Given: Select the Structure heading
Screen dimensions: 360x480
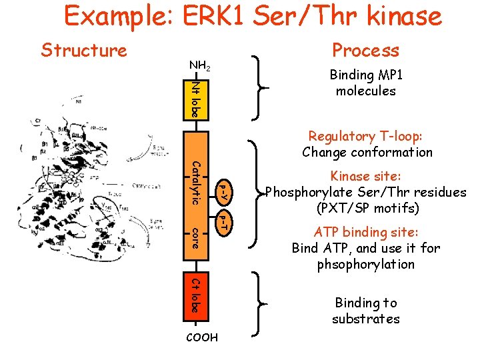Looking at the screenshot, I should coord(84,50).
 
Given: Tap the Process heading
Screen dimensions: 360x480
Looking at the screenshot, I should coord(365,50).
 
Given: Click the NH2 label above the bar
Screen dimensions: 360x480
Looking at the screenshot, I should coord(200,66).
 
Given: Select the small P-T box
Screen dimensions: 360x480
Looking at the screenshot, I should coord(225,223).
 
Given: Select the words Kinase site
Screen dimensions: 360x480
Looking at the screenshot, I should coord(365,177).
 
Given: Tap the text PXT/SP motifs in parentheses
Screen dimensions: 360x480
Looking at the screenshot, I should coord(365,209).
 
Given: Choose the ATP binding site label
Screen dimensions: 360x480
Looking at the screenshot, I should coord(365,233).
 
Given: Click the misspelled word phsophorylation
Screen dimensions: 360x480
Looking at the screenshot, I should coord(365,265).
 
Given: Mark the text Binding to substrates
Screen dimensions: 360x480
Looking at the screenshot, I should coord(365,311).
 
